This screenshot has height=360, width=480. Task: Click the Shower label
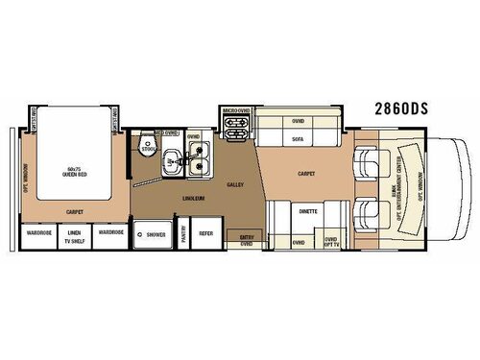click(155, 233)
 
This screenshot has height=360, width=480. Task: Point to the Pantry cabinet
click(185, 234)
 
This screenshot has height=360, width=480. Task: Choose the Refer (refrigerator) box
click(206, 233)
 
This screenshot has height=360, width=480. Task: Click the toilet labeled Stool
click(147, 149)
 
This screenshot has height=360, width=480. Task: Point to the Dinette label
click(307, 209)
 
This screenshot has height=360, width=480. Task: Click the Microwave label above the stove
click(238, 112)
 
